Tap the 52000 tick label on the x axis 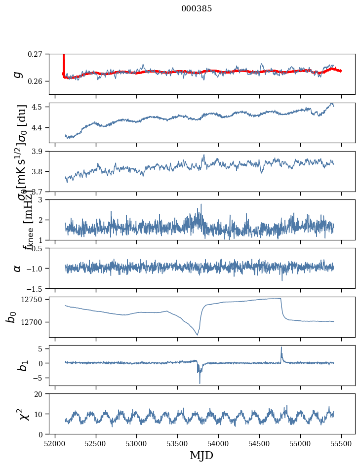55,443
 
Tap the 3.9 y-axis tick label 39,151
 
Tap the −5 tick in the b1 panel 40,378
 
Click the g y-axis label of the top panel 18,74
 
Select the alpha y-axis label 18,268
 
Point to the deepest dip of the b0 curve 198,335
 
